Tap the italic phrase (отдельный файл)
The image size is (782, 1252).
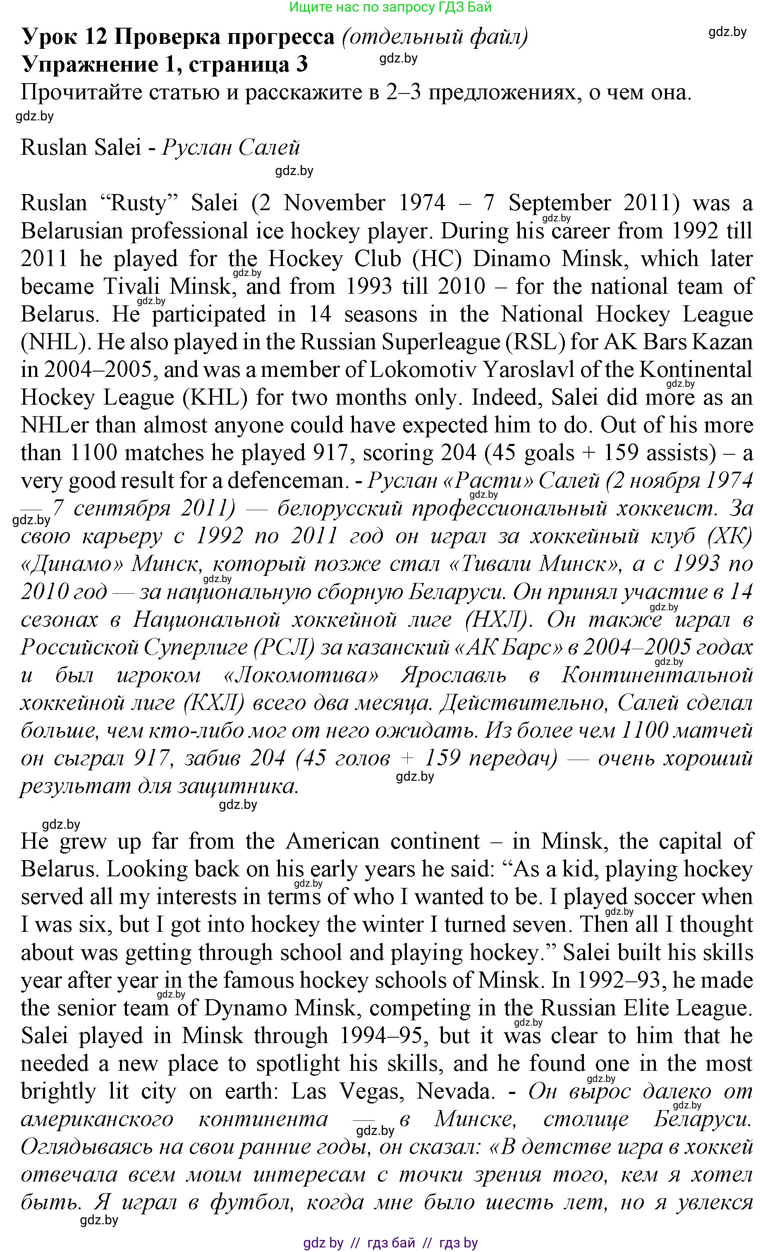tap(435, 37)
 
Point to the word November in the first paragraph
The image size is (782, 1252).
tap(334, 203)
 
